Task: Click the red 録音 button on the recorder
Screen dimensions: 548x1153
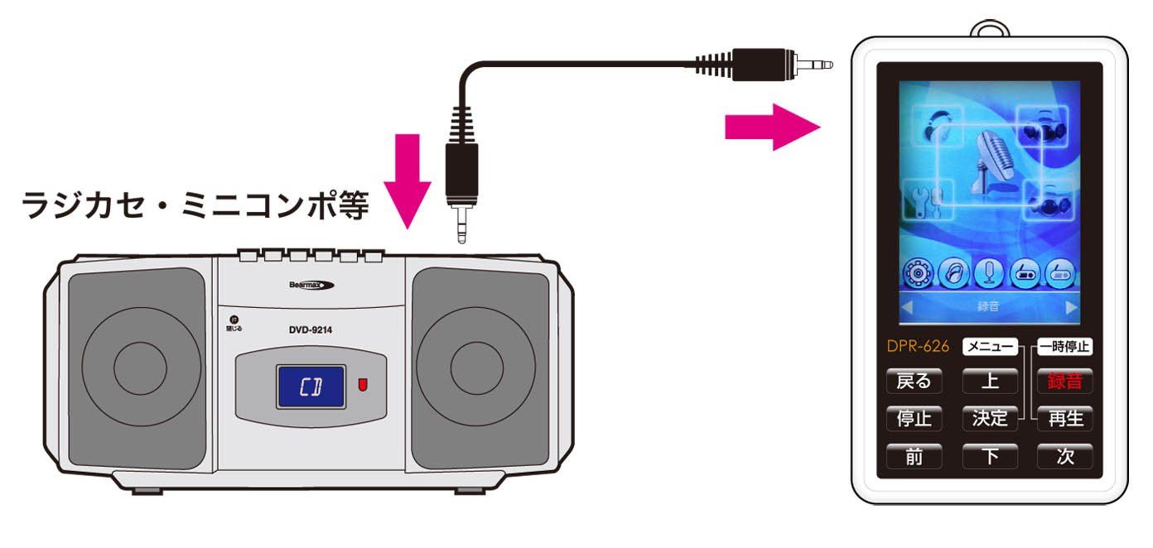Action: [1064, 381]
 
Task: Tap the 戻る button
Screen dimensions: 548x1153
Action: [914, 381]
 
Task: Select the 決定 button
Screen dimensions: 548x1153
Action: [990, 418]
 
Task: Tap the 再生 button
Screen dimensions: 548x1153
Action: [1064, 418]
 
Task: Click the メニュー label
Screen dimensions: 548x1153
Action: [990, 347]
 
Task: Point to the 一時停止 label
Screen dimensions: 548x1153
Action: [1064, 347]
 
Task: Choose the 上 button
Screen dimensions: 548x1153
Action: [990, 381]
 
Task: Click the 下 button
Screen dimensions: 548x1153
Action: [990, 456]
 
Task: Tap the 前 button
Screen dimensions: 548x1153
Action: [914, 456]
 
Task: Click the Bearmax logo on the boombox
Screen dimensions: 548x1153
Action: [311, 285]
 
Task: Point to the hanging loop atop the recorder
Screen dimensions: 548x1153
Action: [991, 27]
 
